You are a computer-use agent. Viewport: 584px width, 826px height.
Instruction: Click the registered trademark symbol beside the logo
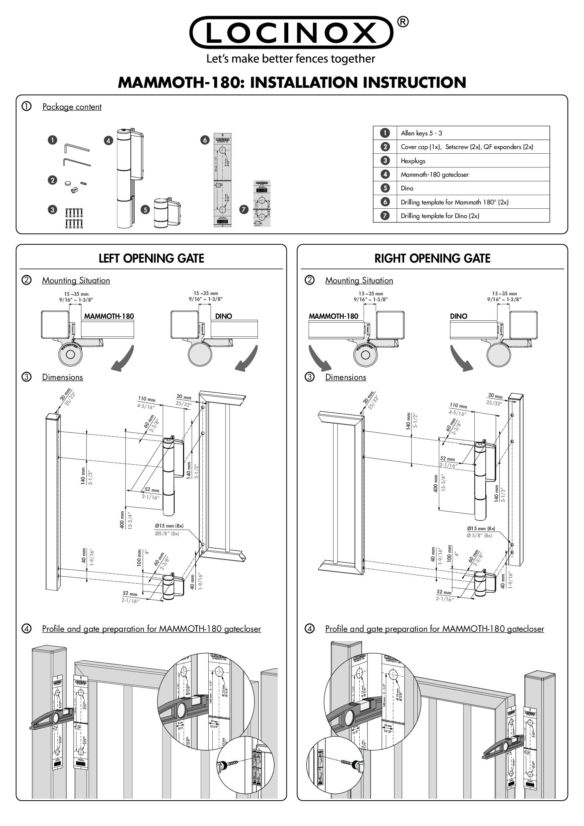tap(403, 23)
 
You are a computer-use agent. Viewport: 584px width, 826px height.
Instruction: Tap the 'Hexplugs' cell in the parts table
tap(413, 161)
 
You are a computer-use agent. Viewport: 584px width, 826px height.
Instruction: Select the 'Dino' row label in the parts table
tap(407, 188)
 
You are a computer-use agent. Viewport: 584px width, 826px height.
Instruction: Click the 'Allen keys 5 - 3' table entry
tap(421, 133)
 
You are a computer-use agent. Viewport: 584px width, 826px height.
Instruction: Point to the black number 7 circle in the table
tap(385, 216)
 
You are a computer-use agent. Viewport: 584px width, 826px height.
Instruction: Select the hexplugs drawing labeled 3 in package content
tap(74, 218)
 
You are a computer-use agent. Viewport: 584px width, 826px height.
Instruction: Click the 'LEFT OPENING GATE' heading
tap(151, 258)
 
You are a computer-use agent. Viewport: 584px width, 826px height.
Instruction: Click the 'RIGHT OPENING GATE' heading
tap(432, 258)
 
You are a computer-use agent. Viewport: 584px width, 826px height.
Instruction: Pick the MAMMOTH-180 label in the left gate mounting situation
tap(109, 316)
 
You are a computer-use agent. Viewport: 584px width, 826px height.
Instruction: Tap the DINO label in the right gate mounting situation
tap(458, 316)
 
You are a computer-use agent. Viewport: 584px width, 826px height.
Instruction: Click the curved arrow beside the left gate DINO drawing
tap(246, 359)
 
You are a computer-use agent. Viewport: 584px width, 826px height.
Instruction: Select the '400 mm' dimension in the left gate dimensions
tap(122, 520)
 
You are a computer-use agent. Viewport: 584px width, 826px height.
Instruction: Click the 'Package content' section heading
tap(72, 107)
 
